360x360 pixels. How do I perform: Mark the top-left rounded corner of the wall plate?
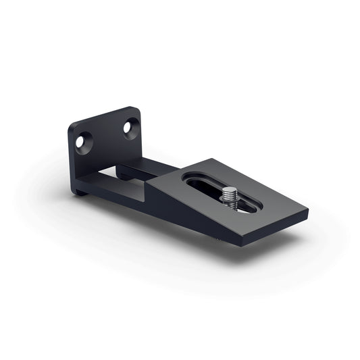tap(72, 126)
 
